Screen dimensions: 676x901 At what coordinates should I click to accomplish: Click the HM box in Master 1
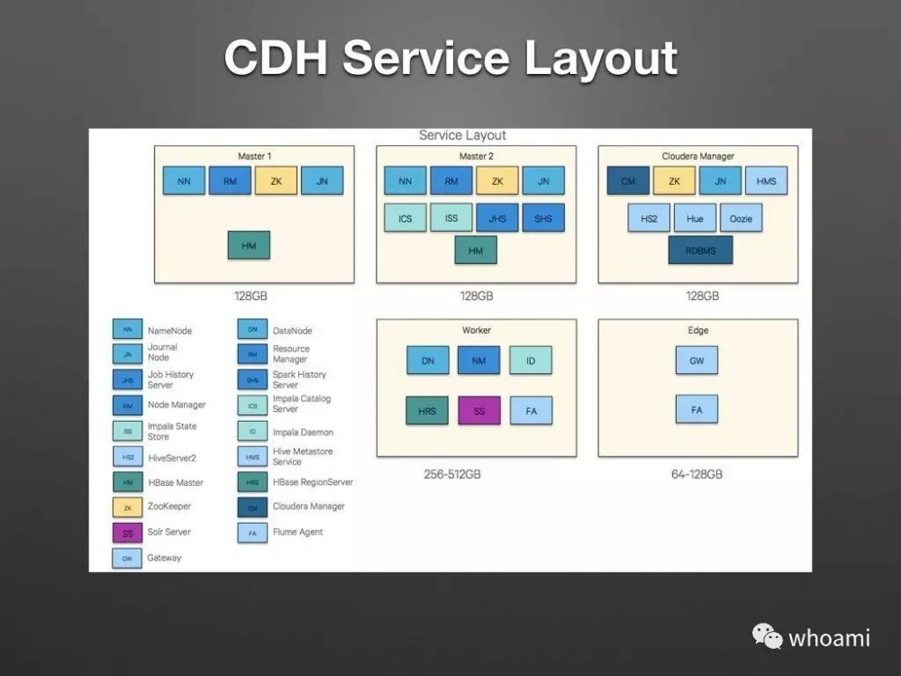(x=249, y=245)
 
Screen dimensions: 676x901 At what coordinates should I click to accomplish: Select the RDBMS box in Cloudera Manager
(x=700, y=251)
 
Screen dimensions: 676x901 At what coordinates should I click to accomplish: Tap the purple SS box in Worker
(x=479, y=411)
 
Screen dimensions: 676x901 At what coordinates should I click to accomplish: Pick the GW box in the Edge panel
(x=696, y=361)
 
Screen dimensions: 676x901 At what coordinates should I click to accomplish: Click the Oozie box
(x=742, y=217)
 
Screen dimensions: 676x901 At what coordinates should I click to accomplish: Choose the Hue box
(x=695, y=217)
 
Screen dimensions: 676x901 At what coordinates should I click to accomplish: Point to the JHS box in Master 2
(x=497, y=217)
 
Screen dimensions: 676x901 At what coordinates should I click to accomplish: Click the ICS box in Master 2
(x=405, y=217)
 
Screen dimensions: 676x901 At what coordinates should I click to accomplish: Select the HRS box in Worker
(x=427, y=411)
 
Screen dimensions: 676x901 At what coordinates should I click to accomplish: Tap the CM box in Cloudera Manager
(x=628, y=181)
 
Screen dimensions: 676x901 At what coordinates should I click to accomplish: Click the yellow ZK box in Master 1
(x=277, y=181)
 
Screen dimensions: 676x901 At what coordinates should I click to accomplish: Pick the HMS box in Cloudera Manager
(x=766, y=181)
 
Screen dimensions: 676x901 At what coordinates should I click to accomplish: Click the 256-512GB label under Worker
(x=452, y=474)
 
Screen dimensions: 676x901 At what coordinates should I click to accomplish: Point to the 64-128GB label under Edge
(x=696, y=474)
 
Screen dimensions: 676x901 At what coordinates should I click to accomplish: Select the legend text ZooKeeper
(x=169, y=507)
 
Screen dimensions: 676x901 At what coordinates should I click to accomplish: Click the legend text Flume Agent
(x=297, y=532)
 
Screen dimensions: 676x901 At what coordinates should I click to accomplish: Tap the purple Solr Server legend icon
(x=127, y=533)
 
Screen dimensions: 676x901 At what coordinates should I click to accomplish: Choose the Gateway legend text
(x=164, y=558)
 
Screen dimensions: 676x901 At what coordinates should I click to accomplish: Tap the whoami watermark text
(x=829, y=638)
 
